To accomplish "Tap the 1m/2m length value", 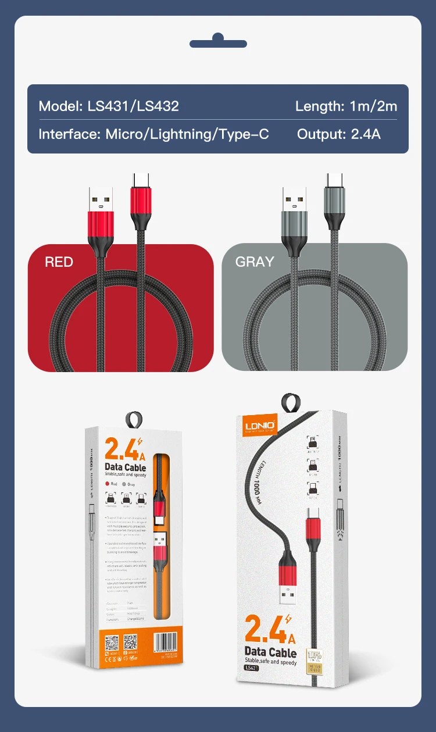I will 373,106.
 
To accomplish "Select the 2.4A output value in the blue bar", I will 366,134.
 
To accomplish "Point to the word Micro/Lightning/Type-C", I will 187,134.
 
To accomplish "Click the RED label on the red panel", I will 59,262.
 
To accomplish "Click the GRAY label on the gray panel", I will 254,262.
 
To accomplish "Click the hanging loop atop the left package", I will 135,419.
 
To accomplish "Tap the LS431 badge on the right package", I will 251,667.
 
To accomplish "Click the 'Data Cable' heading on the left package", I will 125,467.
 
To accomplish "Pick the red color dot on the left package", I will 108,484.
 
